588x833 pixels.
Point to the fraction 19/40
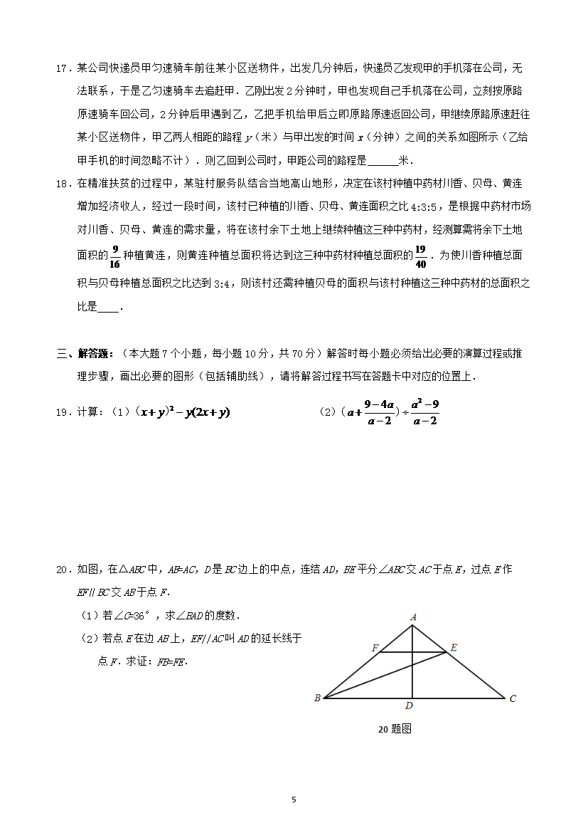(420, 256)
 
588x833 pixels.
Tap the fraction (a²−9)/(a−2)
(425, 412)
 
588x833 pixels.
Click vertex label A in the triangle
(412, 618)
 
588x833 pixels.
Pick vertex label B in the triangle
(317, 698)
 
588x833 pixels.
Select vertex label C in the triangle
(513, 698)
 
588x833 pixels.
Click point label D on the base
(408, 706)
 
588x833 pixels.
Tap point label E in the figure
(454, 648)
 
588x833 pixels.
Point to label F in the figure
(375, 648)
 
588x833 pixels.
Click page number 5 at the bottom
(294, 800)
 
